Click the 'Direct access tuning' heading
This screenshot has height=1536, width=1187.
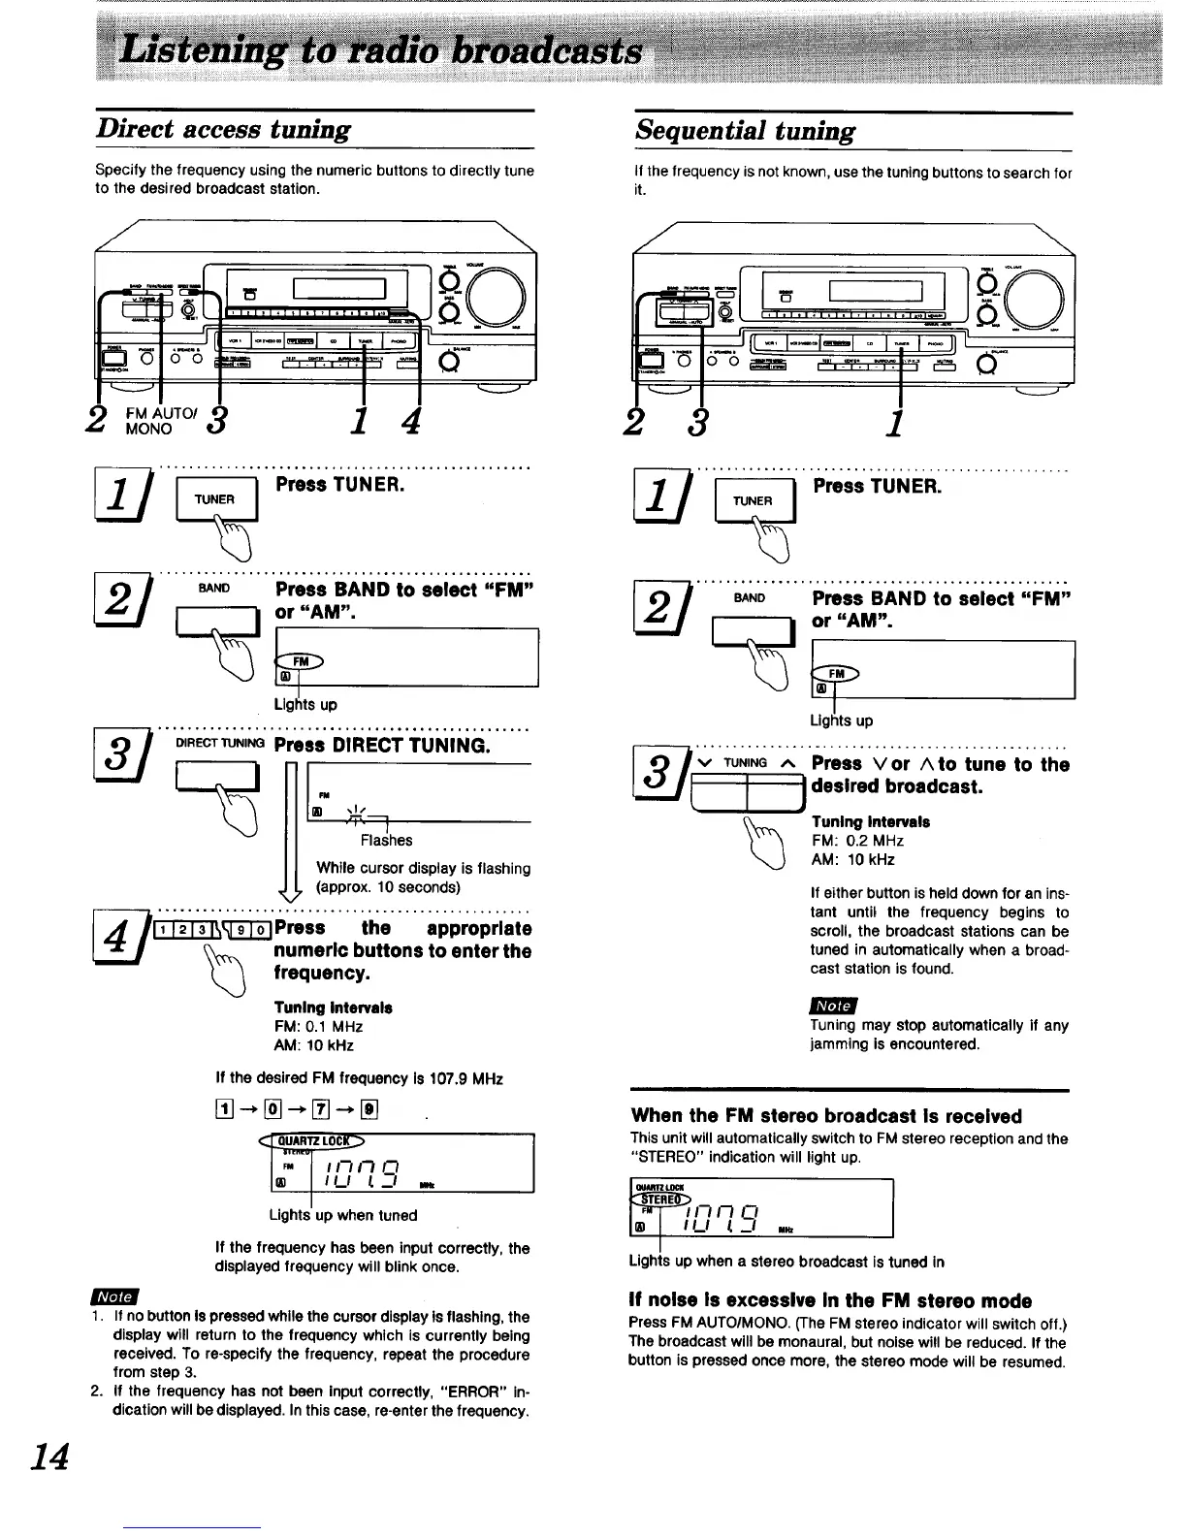pyautogui.click(x=223, y=130)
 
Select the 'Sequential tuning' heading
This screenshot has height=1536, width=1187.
pyautogui.click(x=745, y=131)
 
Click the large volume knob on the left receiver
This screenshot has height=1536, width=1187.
pyautogui.click(x=495, y=295)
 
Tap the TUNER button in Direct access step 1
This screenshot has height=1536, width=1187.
pyautogui.click(x=215, y=499)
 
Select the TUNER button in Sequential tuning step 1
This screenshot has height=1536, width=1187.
pyautogui.click(x=753, y=500)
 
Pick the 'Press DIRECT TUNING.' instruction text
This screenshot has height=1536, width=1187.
pyautogui.click(x=382, y=745)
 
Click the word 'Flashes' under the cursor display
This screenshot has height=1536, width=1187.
pyautogui.click(x=386, y=840)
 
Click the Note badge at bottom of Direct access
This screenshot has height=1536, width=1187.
pyautogui.click(x=113, y=1296)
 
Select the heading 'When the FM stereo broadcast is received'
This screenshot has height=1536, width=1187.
pyautogui.click(x=825, y=1116)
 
